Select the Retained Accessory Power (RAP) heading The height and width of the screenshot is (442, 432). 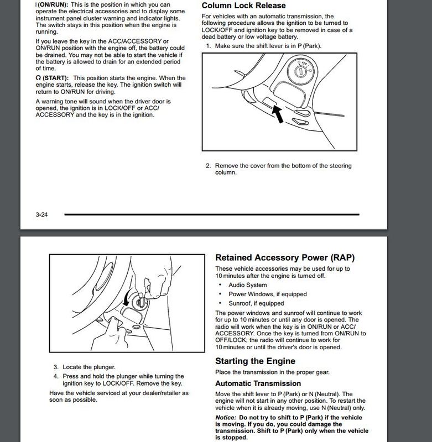pos(284,257)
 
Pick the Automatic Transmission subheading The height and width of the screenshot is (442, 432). pos(258,383)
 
